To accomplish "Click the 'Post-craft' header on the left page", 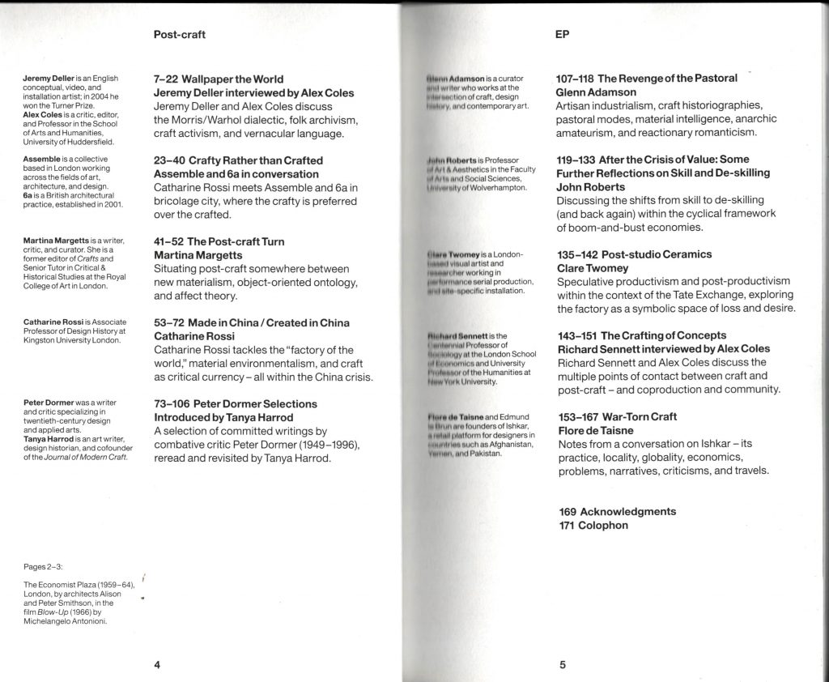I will pos(179,35).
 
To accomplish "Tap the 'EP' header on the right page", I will pos(563,35).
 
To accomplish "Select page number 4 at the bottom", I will pos(158,665).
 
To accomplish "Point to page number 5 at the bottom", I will pos(562,665).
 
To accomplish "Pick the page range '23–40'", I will pos(170,160).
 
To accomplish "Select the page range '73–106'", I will pos(174,403).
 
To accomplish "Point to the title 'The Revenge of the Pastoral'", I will pos(668,79).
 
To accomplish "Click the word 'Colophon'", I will pos(606,526).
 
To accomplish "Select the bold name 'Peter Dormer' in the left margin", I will pos(53,403).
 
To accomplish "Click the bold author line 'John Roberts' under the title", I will pos(591,187).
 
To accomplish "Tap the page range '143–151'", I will pos(576,335).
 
